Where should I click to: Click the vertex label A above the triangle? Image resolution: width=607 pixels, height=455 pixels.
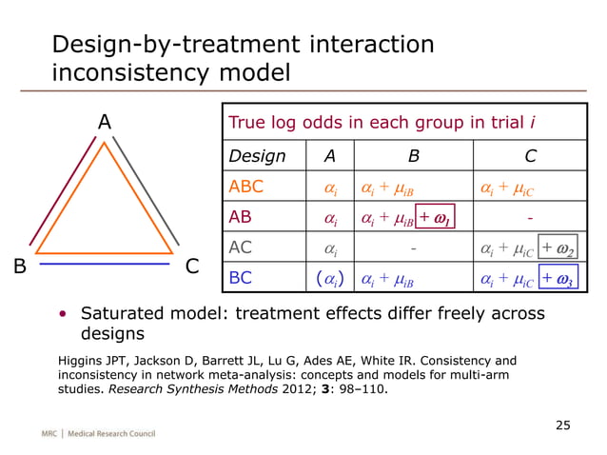click(x=105, y=123)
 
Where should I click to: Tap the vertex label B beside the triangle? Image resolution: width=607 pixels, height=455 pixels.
click(x=19, y=267)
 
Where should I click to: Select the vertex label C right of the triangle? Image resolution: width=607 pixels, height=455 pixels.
click(x=191, y=267)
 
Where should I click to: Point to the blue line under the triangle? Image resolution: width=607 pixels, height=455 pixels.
click(x=106, y=264)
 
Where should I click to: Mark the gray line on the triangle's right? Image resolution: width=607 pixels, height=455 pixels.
click(x=147, y=190)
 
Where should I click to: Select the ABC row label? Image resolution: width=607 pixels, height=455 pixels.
click(x=248, y=187)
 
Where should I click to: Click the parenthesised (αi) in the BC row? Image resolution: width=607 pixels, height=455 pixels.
click(x=330, y=278)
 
